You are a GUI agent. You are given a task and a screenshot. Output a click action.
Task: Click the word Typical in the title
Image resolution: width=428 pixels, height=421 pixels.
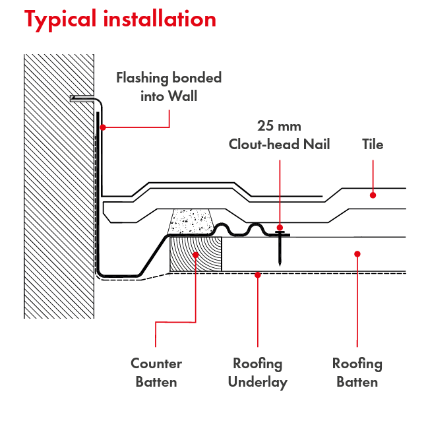tap(60, 20)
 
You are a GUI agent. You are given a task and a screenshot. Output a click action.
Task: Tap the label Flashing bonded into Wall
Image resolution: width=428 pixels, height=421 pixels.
tap(169, 86)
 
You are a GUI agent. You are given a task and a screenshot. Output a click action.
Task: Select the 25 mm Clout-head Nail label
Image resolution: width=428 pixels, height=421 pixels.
tap(279, 135)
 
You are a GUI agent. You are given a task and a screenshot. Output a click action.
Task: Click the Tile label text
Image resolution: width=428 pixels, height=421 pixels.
tap(373, 145)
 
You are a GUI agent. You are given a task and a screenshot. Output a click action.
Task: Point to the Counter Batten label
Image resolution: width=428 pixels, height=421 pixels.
tap(156, 372)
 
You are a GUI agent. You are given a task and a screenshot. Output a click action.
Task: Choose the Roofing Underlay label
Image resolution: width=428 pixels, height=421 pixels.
tap(257, 372)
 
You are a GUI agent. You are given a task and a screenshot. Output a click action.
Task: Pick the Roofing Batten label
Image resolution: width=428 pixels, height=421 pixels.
tap(357, 372)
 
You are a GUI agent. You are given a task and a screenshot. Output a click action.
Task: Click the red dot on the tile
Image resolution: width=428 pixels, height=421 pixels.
tap(373, 195)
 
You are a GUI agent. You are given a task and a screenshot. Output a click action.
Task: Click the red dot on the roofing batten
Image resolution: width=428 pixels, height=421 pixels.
tap(357, 253)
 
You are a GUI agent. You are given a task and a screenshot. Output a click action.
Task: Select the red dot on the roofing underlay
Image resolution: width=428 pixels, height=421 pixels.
tap(257, 273)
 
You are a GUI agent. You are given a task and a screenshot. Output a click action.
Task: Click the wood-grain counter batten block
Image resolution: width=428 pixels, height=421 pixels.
tap(195, 254)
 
